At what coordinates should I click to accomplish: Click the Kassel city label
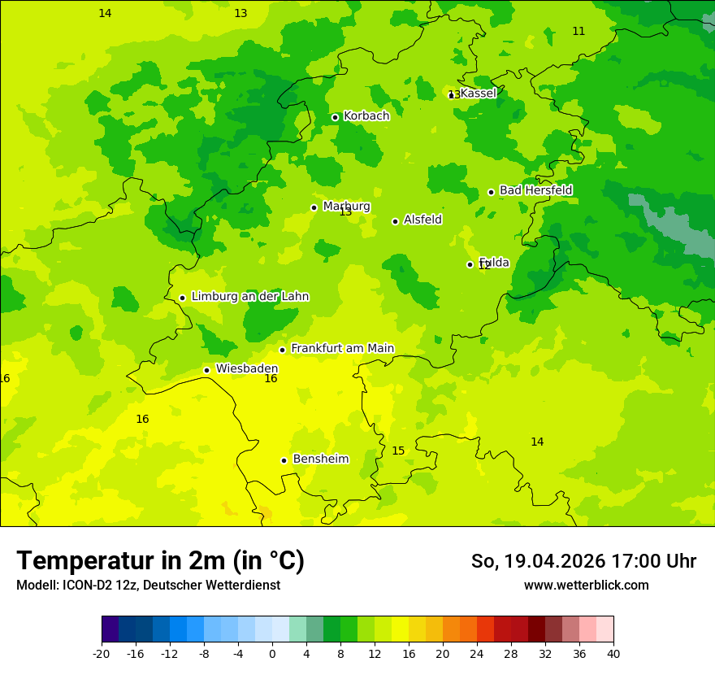coord(478,94)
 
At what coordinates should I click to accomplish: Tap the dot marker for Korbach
coord(335,117)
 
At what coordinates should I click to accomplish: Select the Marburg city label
coord(346,207)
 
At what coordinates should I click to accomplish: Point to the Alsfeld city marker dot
coord(395,221)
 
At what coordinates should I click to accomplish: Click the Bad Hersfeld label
coord(535,190)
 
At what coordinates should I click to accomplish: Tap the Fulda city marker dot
coord(470,264)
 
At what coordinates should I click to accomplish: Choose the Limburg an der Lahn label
coord(249,297)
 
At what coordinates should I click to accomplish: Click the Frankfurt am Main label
coord(342,349)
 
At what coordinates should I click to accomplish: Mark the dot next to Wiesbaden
coord(206,370)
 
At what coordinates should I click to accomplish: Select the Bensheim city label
coord(320,459)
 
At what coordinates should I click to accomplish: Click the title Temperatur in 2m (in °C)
coord(160,561)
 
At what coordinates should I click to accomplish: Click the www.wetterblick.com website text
coord(586,586)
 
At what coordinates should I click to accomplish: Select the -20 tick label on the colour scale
coord(102,654)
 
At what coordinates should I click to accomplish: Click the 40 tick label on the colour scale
coord(613,654)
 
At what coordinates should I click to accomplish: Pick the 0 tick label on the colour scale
coord(272,654)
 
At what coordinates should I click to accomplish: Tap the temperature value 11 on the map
coord(578,32)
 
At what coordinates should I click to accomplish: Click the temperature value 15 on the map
coord(398,451)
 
